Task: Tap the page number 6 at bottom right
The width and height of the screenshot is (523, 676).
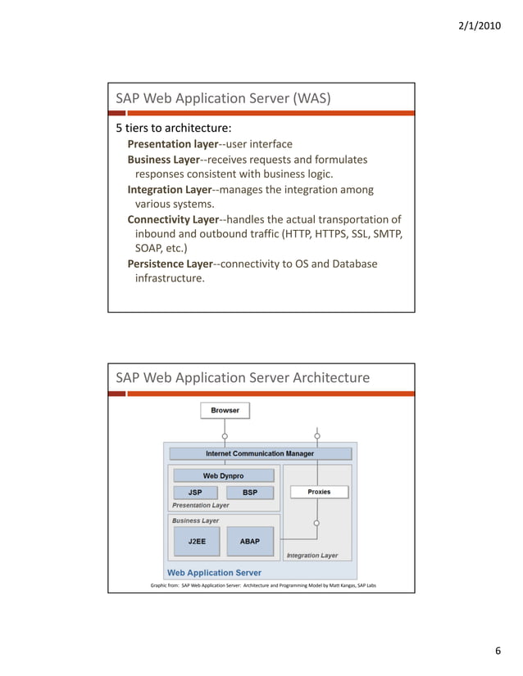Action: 497,651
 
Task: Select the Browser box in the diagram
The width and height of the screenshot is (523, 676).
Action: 225,410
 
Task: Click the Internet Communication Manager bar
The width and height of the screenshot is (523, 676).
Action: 259,453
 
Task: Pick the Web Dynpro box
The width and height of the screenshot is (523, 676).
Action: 223,475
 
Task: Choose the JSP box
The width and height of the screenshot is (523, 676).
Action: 196,493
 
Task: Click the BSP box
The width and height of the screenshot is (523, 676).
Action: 249,493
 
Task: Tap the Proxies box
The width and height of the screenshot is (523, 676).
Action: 319,492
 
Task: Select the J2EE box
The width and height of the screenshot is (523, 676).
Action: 197,541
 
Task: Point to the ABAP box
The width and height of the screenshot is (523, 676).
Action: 249,541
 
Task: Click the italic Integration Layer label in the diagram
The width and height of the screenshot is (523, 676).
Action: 312,556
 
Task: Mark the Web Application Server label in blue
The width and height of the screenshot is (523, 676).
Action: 214,573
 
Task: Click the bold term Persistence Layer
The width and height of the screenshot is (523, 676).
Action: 170,264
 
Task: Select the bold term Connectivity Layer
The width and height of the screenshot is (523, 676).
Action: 173,219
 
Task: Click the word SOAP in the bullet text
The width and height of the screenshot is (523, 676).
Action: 149,248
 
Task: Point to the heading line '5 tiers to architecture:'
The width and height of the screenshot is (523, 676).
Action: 172,128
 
